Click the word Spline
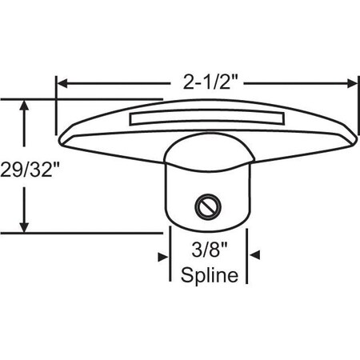pos(208,276)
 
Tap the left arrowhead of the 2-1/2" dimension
pos(61,82)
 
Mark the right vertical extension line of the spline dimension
pos(246,256)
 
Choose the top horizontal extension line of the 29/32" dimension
pos(80,99)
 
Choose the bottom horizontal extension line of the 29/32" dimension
pos(80,232)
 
